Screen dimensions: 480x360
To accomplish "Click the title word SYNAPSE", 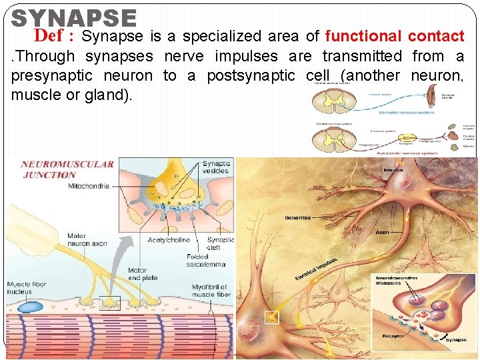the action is click(x=74, y=19).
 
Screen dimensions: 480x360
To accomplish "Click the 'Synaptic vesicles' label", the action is click(x=216, y=167).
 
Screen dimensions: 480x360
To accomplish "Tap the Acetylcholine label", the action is click(x=169, y=240).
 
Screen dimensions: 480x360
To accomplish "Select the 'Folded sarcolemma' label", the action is click(x=206, y=259).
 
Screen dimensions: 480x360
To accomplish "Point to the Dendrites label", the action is click(x=297, y=217).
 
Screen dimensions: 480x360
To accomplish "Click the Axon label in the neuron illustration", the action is click(x=383, y=233).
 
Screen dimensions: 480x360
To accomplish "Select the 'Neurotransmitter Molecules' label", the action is click(x=397, y=279).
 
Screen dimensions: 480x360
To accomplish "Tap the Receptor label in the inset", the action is click(x=393, y=336).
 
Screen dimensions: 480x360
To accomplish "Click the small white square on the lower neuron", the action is click(x=271, y=317).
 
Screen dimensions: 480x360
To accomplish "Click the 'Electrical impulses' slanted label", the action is click(x=315, y=269).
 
